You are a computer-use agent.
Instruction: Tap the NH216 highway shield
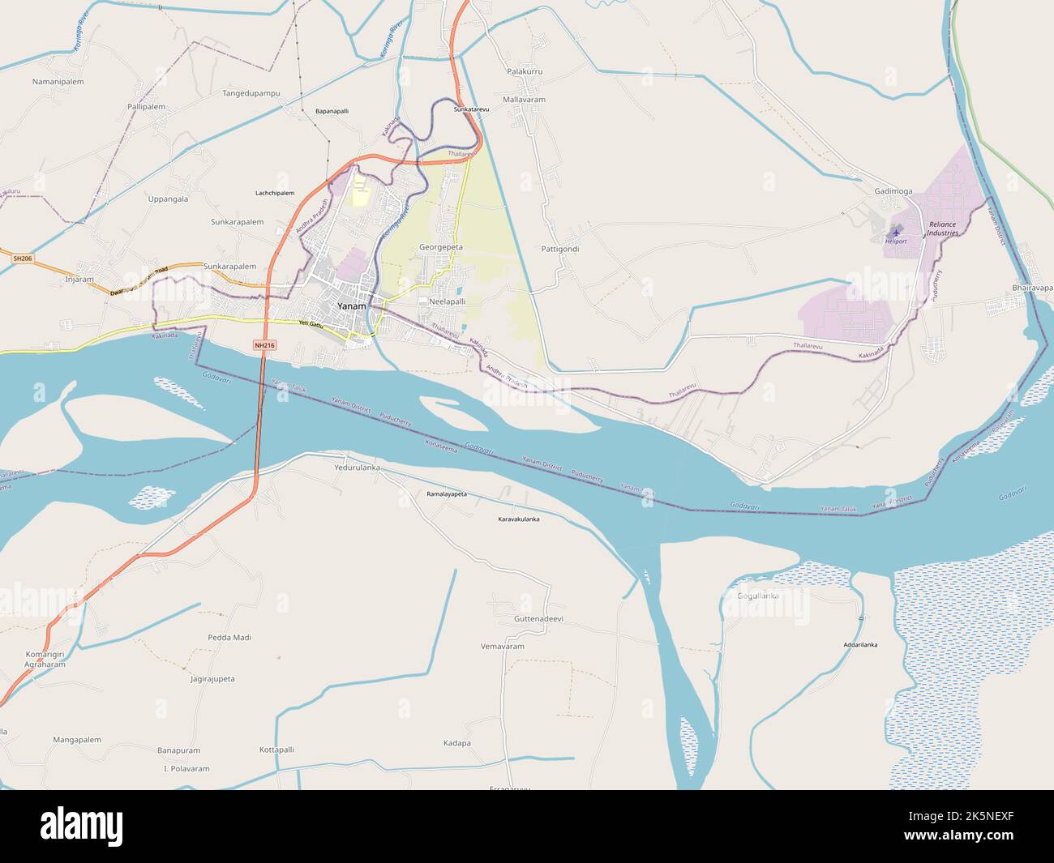264,345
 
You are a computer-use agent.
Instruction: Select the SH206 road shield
23,258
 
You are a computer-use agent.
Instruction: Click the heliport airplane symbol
896,232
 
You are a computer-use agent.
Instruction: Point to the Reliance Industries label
944,229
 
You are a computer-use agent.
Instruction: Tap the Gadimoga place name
893,191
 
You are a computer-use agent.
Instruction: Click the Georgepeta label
441,246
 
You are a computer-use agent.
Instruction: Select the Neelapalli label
442,301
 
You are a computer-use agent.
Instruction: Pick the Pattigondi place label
559,249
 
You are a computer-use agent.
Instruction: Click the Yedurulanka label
358,468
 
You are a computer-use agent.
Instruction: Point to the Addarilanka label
860,645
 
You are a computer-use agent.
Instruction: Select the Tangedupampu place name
251,93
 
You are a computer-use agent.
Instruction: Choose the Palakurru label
524,72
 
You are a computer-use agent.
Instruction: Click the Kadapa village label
457,743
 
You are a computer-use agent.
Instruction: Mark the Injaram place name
79,280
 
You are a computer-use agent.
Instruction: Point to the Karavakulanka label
518,519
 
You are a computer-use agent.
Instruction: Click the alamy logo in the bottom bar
82,826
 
